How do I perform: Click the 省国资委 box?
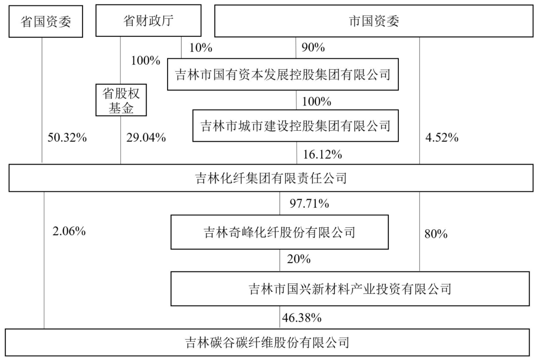point(46,21)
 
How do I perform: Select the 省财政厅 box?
point(148,20)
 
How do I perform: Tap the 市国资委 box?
point(373,21)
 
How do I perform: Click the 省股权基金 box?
point(121,100)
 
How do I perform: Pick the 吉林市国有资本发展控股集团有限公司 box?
point(283,74)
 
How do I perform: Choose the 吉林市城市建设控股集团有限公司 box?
point(295,126)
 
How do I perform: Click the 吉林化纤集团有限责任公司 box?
point(271,178)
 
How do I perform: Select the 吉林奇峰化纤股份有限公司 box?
point(279,232)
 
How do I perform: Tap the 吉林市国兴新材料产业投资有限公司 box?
point(350,289)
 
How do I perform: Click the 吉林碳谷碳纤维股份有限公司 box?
point(268,342)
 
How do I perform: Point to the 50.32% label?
point(67,138)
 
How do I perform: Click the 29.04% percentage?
point(146,138)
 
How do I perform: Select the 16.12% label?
point(322,155)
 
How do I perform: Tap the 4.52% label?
point(442,138)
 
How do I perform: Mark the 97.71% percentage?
point(309,203)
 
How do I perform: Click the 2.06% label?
point(69,231)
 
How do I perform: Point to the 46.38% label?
point(302,318)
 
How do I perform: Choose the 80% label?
point(436,234)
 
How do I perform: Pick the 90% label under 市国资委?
point(313,47)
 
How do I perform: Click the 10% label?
point(201,48)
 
